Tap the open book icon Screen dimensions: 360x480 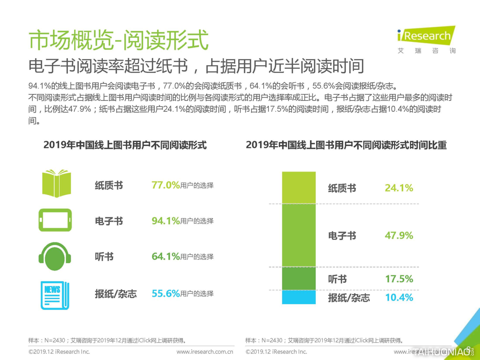click(x=57, y=184)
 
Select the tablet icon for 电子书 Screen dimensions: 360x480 click(x=55, y=220)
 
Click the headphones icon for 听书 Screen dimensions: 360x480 click(x=55, y=256)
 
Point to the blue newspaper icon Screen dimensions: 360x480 click(x=55, y=295)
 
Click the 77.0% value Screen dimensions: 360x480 click(x=166, y=185)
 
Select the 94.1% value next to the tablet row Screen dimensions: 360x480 click(x=166, y=221)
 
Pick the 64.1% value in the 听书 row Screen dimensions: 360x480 click(x=166, y=257)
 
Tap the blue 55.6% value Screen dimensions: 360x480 click(x=166, y=294)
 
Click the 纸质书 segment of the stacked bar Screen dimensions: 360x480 click(x=299, y=188)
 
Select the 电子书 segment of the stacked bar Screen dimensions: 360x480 click(x=299, y=235)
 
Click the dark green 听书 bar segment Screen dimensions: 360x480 click(x=299, y=279)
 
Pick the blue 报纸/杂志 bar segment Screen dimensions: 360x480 click(x=299, y=297)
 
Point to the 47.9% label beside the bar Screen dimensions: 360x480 click(x=399, y=236)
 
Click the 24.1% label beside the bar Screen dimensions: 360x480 click(x=399, y=188)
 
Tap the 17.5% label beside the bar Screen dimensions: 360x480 click(x=399, y=279)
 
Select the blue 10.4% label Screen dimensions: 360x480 click(x=399, y=298)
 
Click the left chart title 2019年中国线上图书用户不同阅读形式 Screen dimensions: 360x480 click(x=125, y=145)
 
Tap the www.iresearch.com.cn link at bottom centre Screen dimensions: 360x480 click(x=205, y=351)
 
